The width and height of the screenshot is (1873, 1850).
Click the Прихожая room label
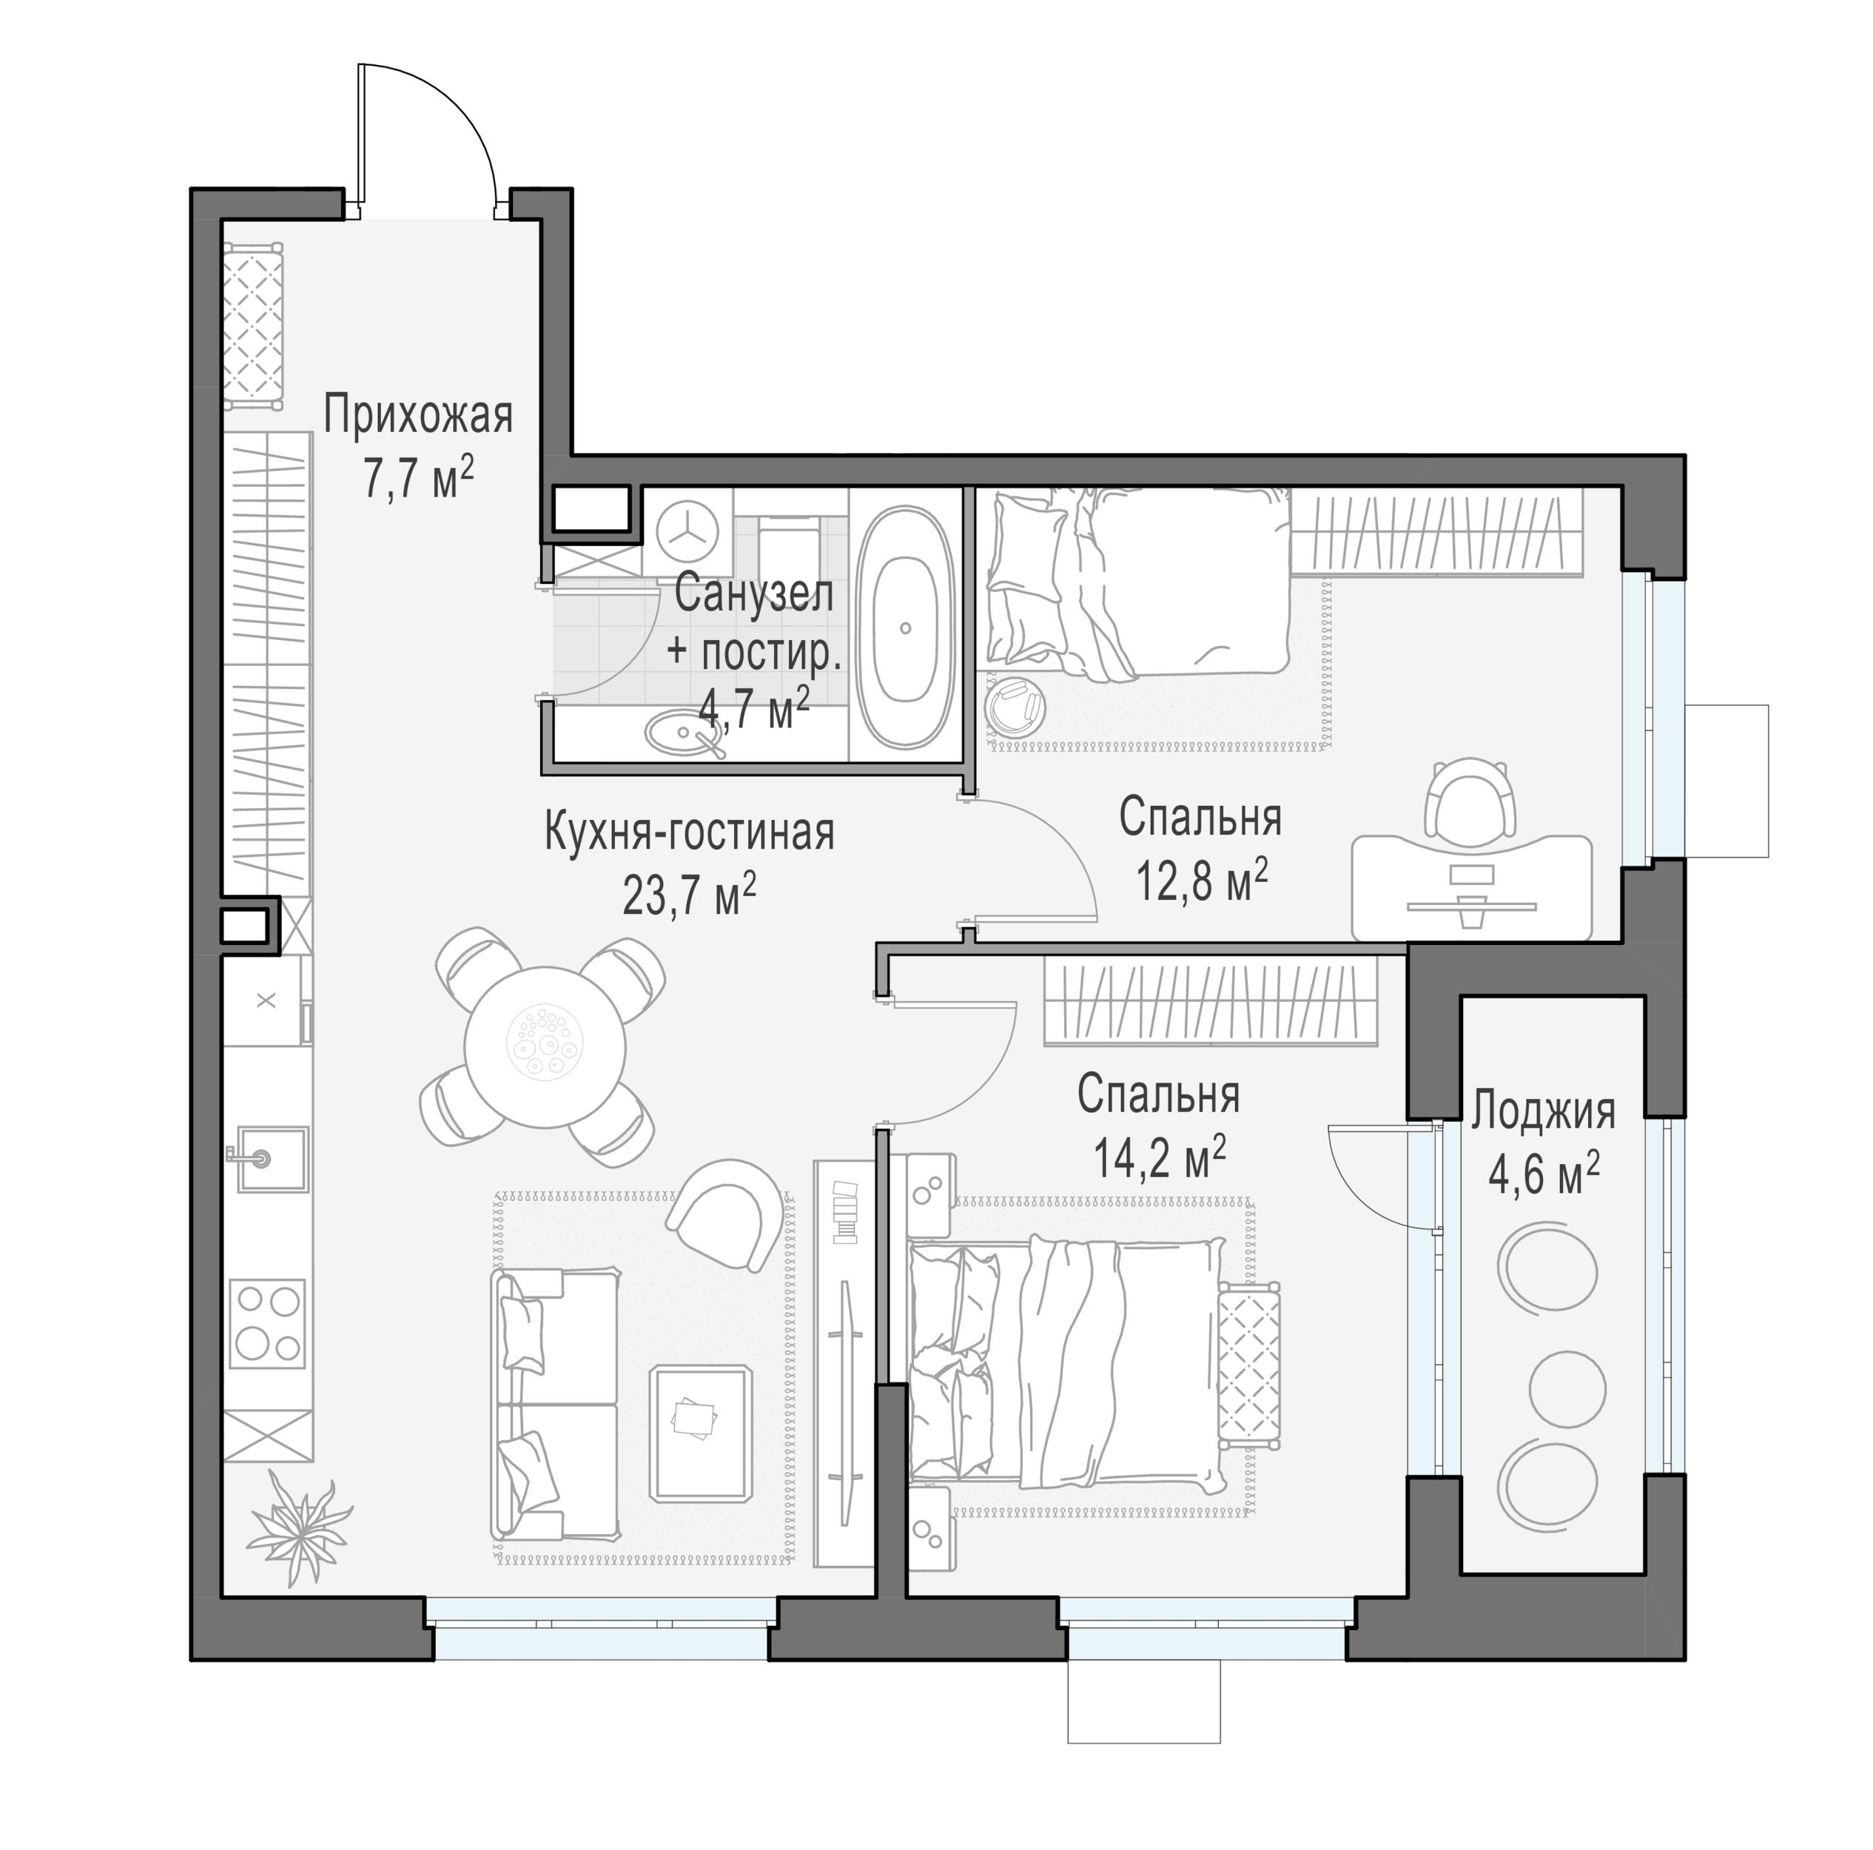[x=418, y=415]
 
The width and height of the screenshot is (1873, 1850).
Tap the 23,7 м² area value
[x=689, y=893]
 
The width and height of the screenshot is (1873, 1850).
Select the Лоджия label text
[x=1544, y=1111]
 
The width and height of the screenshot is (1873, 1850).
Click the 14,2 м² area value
[x=1160, y=1156]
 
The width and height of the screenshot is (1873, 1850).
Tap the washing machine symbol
[x=687, y=531]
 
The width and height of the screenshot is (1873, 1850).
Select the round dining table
[x=545, y=1047]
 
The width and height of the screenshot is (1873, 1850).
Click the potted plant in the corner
[x=298, y=1527]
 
